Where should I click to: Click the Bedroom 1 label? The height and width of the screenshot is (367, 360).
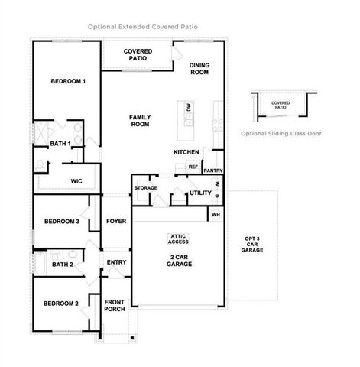pyautogui.click(x=68, y=81)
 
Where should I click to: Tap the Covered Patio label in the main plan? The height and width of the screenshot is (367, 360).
pyautogui.click(x=138, y=55)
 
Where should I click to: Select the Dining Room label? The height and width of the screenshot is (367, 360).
pyautogui.click(x=199, y=68)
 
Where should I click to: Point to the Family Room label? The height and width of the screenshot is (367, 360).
pyautogui.click(x=140, y=120)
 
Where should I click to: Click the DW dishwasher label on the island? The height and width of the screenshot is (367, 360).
pyautogui.click(x=188, y=110)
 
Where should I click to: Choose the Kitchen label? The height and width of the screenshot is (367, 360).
pyautogui.click(x=186, y=152)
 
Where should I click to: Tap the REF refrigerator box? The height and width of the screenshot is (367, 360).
pyautogui.click(x=193, y=167)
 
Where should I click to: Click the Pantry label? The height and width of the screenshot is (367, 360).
pyautogui.click(x=213, y=171)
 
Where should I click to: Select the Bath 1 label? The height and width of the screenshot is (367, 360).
pyautogui.click(x=61, y=143)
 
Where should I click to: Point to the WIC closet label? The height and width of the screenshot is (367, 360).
pyautogui.click(x=76, y=181)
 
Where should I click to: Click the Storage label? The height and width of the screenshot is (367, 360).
pyautogui.click(x=146, y=187)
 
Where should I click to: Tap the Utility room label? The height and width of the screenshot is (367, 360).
pyautogui.click(x=200, y=193)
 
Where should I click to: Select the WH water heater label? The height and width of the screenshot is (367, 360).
pyautogui.click(x=217, y=215)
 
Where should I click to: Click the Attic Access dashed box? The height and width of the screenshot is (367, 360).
pyautogui.click(x=180, y=239)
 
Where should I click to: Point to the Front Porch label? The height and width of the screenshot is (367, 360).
pyautogui.click(x=115, y=306)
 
